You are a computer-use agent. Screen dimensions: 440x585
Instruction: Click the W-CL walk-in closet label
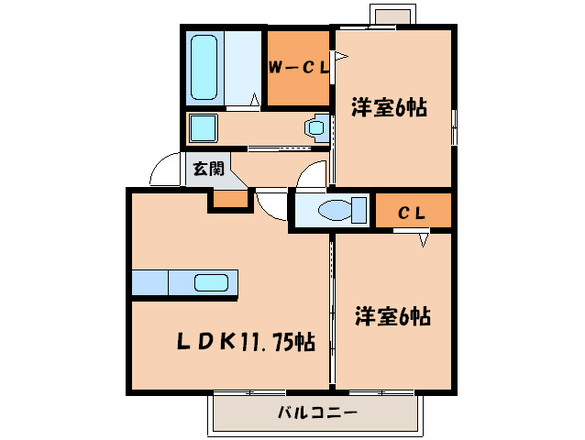pos(297,68)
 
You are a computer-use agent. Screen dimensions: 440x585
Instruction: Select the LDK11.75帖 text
pos(246,344)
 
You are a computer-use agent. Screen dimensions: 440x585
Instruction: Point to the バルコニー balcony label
pos(317,413)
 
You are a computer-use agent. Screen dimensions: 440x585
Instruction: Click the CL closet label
pos(411,213)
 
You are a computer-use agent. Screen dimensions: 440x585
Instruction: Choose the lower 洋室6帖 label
pos(392,317)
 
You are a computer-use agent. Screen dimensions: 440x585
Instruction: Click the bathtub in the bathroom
pos(203,68)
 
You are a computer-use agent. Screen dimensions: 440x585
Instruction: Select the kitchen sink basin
pos(212,283)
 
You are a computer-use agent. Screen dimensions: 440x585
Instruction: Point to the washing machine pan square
pos(202,127)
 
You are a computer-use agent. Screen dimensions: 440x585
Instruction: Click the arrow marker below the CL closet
pos(424,240)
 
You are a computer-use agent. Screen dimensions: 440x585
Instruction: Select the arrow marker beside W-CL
pos(339,59)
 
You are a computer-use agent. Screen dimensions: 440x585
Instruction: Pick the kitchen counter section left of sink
pos(149,283)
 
